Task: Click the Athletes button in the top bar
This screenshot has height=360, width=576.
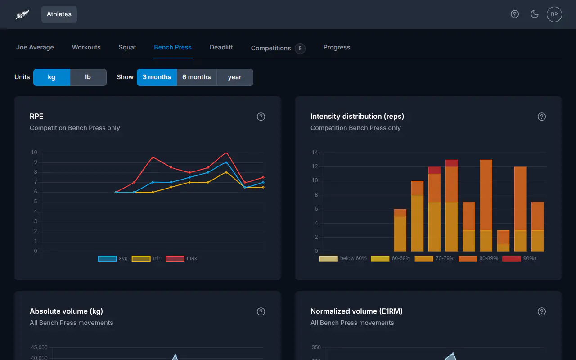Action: pos(59,14)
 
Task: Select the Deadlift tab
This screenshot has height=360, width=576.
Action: pos(221,47)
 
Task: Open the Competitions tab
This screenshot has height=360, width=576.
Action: pos(278,48)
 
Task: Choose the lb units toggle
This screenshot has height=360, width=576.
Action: pos(88,77)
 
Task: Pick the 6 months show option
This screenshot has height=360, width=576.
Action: pos(197,77)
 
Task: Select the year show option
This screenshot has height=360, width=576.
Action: pos(234,77)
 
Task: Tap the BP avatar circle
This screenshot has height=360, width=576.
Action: pos(554,14)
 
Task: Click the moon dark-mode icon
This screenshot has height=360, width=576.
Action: pos(535,14)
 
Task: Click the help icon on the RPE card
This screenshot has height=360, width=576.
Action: pos(261,117)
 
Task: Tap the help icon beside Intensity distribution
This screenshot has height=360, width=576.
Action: pos(541,117)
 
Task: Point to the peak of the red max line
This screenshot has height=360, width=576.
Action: pos(226,153)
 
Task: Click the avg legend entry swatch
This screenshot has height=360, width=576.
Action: pos(107,258)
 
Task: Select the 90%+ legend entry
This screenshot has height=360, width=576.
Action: pos(520,258)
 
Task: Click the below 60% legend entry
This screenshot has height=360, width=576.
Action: pos(343,258)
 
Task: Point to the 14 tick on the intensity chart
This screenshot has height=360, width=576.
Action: pos(315,153)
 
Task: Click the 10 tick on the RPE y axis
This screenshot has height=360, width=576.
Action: pos(34,153)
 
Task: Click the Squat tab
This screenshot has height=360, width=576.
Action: pos(127,47)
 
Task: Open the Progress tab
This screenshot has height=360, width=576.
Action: pos(337,47)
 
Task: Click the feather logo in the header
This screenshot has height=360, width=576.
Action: pos(22,14)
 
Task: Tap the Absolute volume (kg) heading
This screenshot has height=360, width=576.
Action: pos(66,311)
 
